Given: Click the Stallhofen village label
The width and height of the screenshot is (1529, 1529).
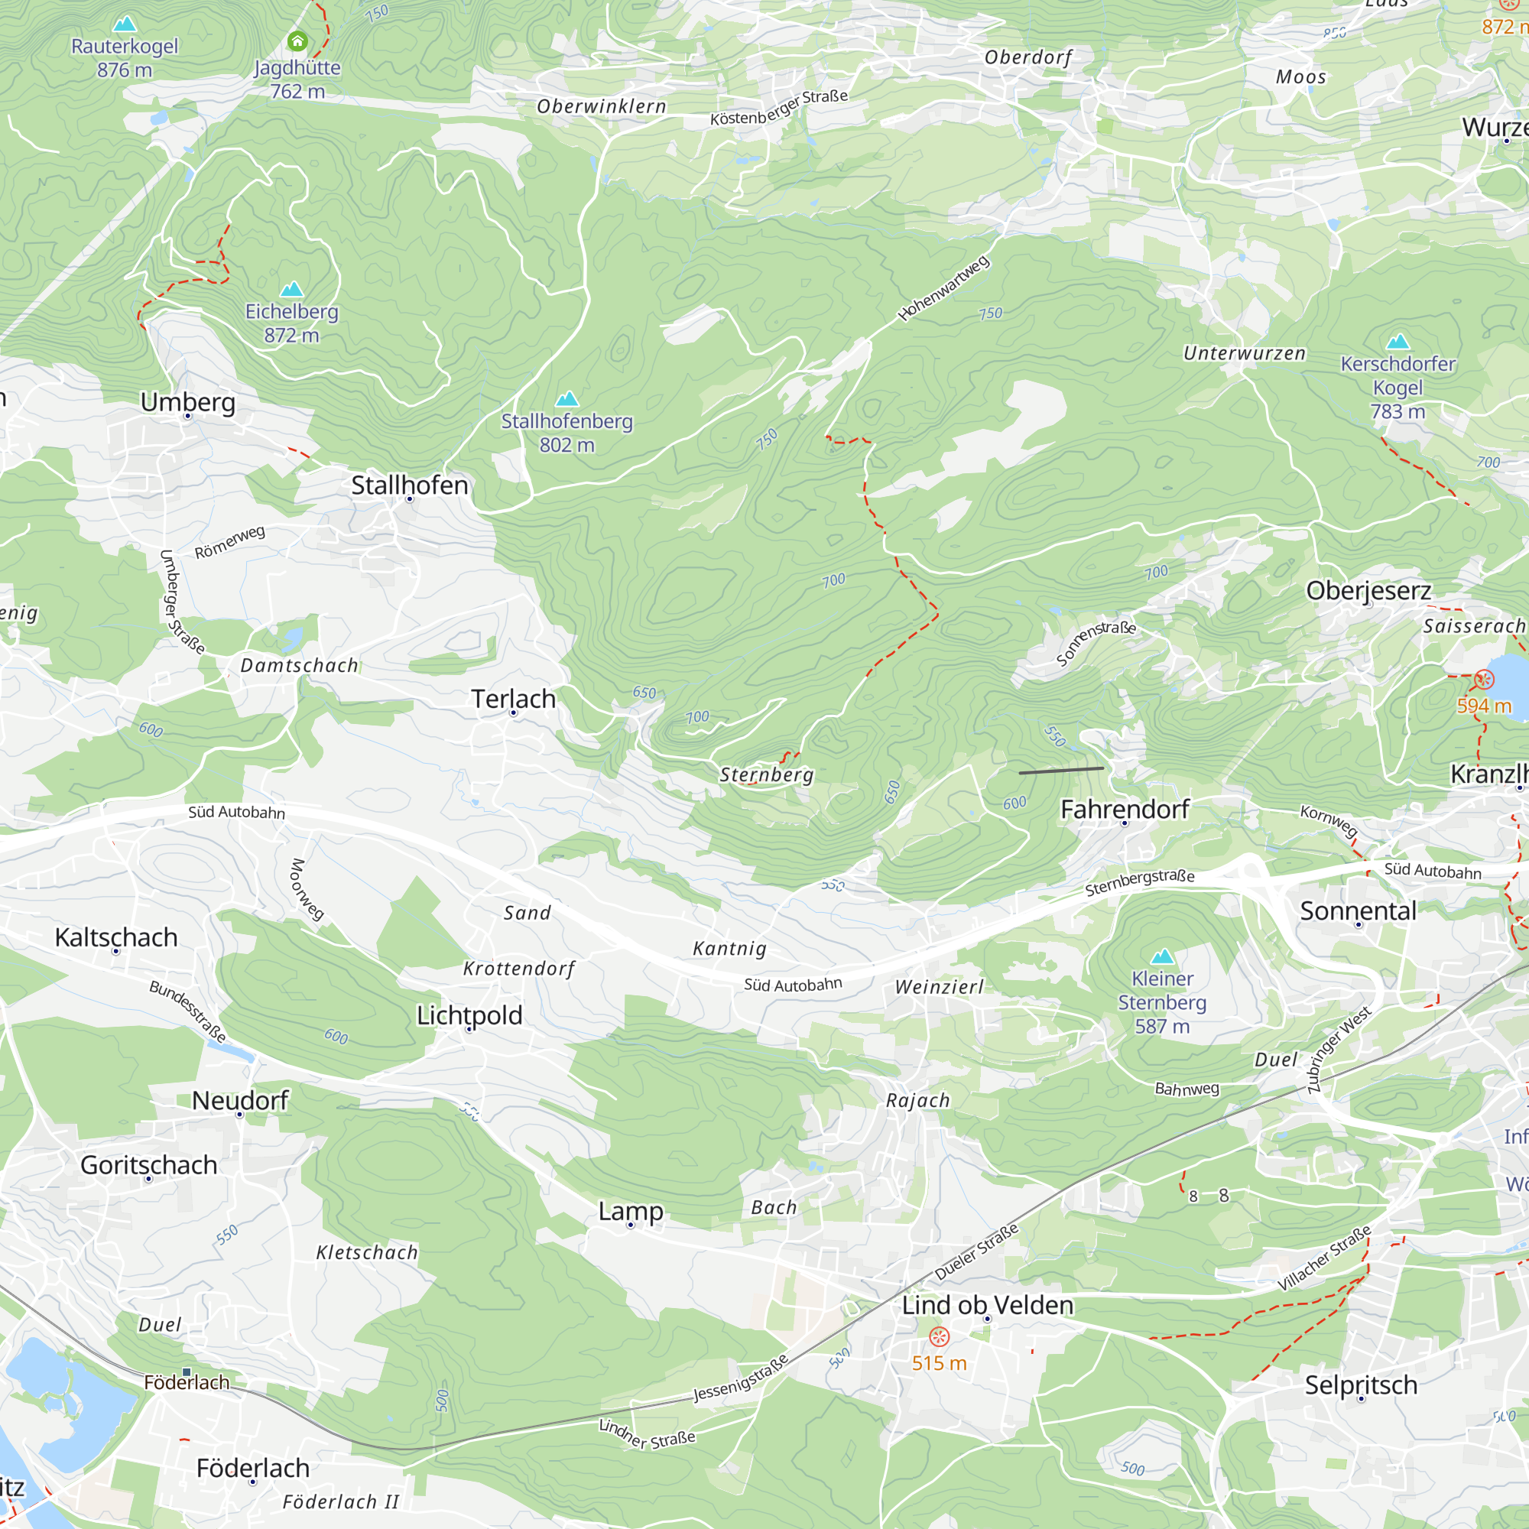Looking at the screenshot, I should tap(409, 485).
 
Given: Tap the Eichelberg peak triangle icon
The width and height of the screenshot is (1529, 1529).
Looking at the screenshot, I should tap(292, 289).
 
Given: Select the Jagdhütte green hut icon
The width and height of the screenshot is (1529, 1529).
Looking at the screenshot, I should tap(297, 41).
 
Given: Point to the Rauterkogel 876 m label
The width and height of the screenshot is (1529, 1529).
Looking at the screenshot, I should tap(125, 58).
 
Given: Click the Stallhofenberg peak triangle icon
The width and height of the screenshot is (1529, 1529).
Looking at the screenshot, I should tap(566, 399).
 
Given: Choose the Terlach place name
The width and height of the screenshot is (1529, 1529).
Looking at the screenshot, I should tap(513, 699).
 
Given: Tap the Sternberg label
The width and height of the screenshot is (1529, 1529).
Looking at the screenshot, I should tap(766, 774).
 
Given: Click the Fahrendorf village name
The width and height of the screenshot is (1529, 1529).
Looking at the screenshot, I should tap(1124, 810).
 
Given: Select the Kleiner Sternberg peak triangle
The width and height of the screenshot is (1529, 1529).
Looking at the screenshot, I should tap(1162, 956).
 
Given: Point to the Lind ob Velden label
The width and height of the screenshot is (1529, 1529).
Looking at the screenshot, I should tap(987, 1305).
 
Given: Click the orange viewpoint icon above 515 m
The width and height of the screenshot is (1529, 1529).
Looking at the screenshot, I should tap(939, 1336).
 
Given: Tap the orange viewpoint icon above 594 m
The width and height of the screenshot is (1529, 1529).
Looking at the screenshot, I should tap(1484, 679).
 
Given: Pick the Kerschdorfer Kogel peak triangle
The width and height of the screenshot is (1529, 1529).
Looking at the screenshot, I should tap(1398, 342).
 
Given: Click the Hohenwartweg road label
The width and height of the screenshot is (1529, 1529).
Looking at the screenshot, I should tap(943, 289).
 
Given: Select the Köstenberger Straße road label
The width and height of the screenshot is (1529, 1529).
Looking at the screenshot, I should tap(779, 107).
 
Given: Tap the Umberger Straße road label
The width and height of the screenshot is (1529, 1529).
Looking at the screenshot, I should tap(181, 602).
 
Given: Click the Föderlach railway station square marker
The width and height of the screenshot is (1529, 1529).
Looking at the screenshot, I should tap(187, 1372).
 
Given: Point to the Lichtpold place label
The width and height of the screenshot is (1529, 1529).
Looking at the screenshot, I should tap(469, 1015).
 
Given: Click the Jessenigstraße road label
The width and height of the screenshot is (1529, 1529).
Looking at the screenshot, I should tap(741, 1378).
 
